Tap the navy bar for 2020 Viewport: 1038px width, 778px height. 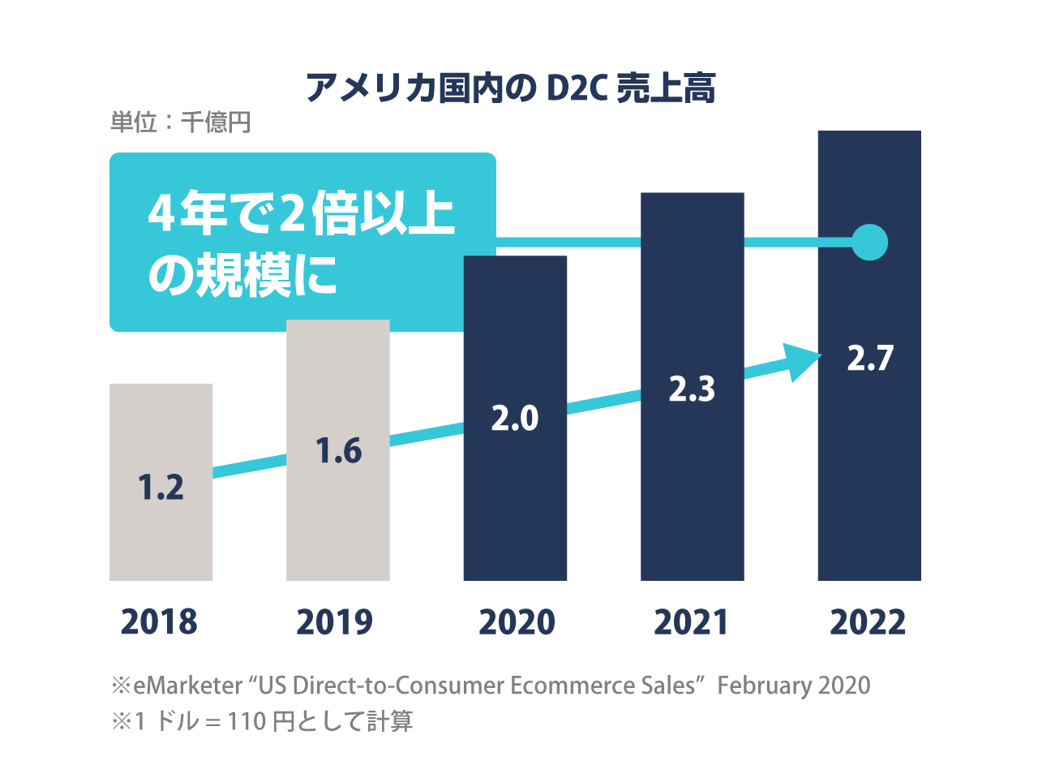click(515, 503)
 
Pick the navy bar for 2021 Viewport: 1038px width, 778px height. click(692, 487)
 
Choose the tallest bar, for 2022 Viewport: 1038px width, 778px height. click(869, 471)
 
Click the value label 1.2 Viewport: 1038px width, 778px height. click(161, 488)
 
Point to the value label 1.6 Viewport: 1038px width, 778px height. click(338, 451)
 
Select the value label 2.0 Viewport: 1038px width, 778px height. click(515, 419)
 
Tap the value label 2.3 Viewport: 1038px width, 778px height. click(692, 389)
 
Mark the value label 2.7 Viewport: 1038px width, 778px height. click(870, 359)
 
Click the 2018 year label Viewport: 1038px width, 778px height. click(159, 622)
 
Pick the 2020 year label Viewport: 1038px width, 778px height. click(517, 622)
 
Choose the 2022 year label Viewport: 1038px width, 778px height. click(868, 622)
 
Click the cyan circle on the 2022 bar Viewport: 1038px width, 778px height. click(870, 243)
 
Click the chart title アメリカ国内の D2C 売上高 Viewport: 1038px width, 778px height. click(511, 88)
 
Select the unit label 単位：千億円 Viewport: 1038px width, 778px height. click(181, 123)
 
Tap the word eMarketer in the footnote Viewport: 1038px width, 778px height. click(187, 686)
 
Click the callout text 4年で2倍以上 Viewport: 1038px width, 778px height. click(302, 213)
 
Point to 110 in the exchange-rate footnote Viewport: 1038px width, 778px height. click(247, 721)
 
